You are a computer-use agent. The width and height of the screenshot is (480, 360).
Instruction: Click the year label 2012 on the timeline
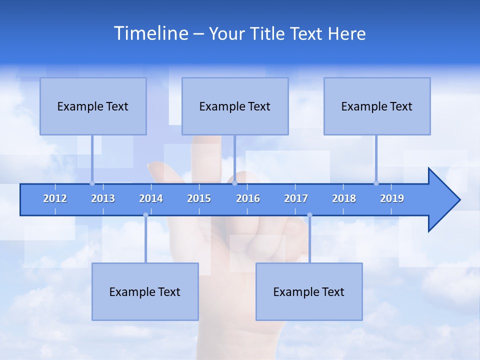55,198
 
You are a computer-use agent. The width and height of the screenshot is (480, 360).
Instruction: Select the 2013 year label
103,198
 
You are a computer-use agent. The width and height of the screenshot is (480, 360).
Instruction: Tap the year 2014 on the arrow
151,198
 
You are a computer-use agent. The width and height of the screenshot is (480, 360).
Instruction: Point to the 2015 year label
199,198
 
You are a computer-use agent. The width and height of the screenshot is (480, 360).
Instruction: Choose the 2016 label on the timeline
248,198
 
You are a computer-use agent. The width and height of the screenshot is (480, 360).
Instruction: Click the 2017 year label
296,198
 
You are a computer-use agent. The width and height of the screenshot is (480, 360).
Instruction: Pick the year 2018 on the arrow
344,198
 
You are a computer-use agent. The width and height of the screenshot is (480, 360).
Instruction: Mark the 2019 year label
392,198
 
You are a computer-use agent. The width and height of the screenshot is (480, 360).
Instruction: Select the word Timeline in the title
150,33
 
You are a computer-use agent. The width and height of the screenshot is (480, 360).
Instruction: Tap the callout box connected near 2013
93,106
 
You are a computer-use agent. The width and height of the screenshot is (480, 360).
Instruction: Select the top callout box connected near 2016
235,106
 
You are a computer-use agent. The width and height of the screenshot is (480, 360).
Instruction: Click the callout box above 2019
377,106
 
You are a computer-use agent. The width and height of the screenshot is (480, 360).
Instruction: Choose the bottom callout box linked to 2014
145,291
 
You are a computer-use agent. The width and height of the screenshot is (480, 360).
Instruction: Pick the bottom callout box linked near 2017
309,291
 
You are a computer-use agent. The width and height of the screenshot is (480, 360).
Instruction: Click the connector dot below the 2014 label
145,215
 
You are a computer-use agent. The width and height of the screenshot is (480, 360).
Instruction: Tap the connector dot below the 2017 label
309,215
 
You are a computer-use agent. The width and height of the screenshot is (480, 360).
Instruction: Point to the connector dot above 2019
376,183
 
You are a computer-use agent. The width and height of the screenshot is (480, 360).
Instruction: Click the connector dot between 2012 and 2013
92,183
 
